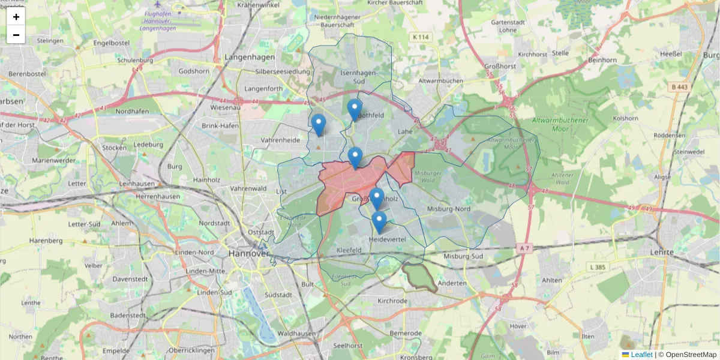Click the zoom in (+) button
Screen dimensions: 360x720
click(16, 17)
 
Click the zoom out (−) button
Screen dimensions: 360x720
click(16, 35)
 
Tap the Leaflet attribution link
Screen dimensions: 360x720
click(641, 355)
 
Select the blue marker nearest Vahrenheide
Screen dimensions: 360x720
click(319, 124)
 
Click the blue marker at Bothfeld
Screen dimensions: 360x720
click(355, 109)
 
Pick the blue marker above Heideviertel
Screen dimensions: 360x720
click(379, 221)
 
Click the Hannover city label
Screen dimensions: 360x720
click(248, 253)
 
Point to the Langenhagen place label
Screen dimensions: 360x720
click(249, 58)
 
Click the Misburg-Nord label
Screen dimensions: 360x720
click(448, 209)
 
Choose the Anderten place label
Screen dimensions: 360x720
click(452, 283)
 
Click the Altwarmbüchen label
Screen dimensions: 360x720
click(440, 80)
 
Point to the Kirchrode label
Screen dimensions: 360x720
click(392, 301)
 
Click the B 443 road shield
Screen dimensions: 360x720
click(680, 87)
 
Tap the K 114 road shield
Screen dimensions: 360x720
click(421, 37)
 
